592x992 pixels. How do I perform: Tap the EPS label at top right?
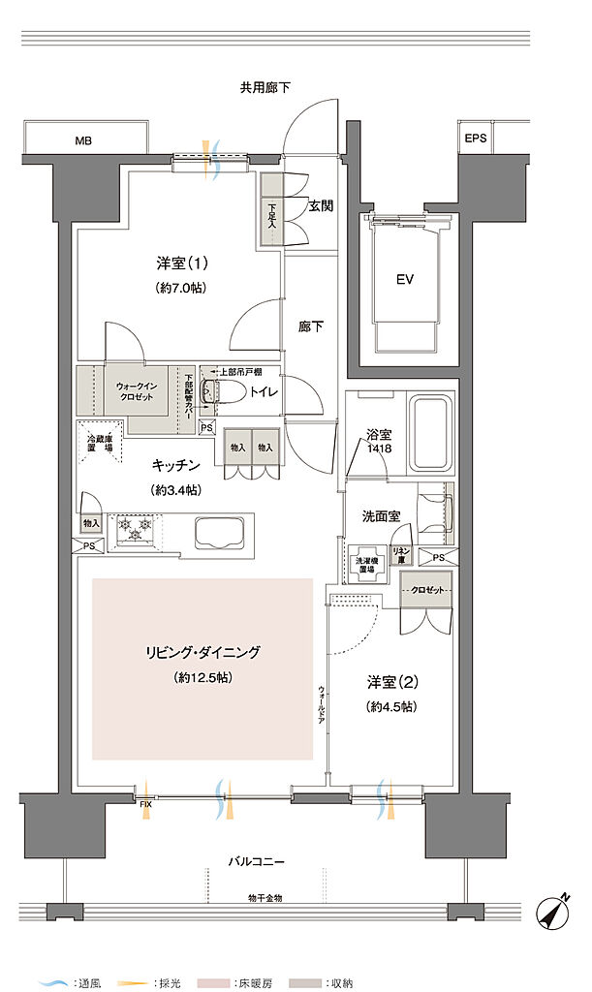(x=475, y=139)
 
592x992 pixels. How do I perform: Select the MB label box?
(x=85, y=140)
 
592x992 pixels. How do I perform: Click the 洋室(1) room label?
(x=181, y=263)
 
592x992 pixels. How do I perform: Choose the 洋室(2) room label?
(x=391, y=680)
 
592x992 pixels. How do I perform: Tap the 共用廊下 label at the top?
(x=265, y=88)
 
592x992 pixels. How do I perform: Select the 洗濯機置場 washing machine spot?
(x=366, y=565)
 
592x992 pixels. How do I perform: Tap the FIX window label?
(x=144, y=803)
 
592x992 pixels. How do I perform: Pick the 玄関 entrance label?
(x=322, y=205)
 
